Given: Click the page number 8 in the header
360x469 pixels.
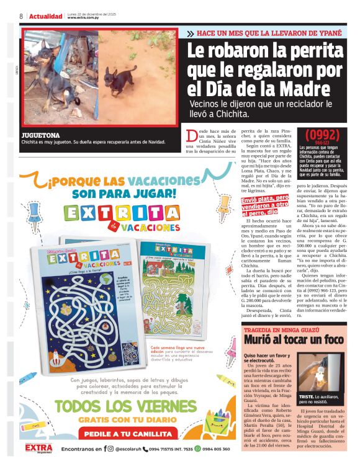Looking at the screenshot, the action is (21, 16).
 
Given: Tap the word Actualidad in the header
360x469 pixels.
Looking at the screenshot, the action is (45, 16).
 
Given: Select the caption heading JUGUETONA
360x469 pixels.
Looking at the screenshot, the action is (40, 135).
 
